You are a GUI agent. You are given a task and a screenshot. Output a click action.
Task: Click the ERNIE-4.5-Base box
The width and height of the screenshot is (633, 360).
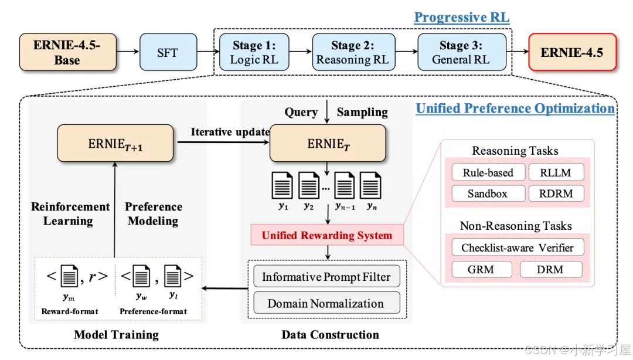coord(68,52)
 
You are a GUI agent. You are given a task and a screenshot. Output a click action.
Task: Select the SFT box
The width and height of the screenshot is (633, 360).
coord(168,52)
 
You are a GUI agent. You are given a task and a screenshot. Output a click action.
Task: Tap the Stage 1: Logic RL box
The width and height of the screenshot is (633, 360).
coord(254,52)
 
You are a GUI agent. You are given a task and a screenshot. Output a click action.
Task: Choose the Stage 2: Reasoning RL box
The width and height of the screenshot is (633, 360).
coord(353,52)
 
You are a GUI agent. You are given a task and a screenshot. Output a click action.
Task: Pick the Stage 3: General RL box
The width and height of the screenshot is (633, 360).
coord(461,52)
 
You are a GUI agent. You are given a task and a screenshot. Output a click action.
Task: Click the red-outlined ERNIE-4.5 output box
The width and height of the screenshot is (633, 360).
coord(573,52)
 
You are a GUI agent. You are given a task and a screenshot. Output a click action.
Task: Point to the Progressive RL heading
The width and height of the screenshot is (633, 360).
coord(462,18)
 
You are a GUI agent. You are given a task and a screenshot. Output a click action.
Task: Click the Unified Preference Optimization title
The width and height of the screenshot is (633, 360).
coord(515,108)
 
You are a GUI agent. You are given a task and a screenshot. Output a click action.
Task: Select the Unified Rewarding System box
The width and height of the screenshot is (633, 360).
coord(327,235)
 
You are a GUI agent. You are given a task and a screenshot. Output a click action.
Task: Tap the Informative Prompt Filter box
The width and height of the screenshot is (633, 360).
coord(326,277)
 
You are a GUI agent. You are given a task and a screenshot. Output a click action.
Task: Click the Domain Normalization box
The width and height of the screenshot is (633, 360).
coord(326,303)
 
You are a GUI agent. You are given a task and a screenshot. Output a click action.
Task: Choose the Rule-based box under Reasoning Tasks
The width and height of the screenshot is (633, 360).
coord(488,172)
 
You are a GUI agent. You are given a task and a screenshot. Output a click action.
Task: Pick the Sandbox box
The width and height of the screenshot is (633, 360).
coord(488,193)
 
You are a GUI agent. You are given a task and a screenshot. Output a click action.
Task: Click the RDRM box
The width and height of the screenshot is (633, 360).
coord(556,193)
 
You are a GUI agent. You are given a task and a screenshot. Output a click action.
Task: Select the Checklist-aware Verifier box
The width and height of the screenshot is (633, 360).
coord(518,247)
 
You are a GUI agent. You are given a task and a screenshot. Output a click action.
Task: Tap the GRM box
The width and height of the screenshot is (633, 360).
coord(482,270)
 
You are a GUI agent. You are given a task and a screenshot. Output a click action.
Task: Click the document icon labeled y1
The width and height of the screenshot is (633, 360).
coord(282,185)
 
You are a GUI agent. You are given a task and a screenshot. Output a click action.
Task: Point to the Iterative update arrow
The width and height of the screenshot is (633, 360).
coord(223,142)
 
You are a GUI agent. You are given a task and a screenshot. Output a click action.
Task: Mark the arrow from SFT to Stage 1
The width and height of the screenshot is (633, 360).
coord(208,52)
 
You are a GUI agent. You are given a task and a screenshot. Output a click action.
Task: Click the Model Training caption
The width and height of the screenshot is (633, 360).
coord(116,335)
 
